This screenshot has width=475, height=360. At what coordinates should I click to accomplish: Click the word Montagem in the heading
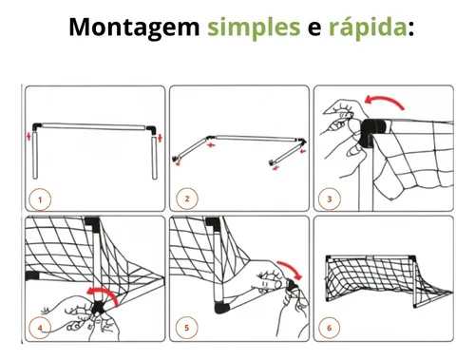point(134,28)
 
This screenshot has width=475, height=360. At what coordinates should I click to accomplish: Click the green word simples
point(254,28)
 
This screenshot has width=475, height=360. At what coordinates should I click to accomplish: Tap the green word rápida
point(368,28)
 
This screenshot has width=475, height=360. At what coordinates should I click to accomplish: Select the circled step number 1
point(40,199)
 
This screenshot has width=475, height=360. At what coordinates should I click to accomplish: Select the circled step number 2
point(187,199)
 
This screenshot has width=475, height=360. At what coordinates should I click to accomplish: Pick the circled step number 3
point(330,199)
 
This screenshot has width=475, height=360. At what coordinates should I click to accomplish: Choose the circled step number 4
point(40,328)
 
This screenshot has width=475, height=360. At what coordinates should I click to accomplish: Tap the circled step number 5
point(187,328)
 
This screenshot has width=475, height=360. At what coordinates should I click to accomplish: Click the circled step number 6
point(330,328)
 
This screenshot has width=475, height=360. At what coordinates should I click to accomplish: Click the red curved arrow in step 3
point(385,99)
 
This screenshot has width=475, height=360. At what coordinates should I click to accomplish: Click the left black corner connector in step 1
point(37,127)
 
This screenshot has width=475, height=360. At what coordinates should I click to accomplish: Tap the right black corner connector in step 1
point(151,130)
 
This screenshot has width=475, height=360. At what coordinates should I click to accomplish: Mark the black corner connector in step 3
point(373,131)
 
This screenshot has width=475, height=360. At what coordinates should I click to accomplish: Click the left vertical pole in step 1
point(35,156)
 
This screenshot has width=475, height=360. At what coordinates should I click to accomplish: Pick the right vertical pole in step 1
point(155,158)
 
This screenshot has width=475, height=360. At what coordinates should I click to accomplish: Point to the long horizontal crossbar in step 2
point(256,138)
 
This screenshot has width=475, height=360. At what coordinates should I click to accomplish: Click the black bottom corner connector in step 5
point(221,308)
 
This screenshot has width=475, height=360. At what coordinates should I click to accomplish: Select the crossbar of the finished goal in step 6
point(370,257)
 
